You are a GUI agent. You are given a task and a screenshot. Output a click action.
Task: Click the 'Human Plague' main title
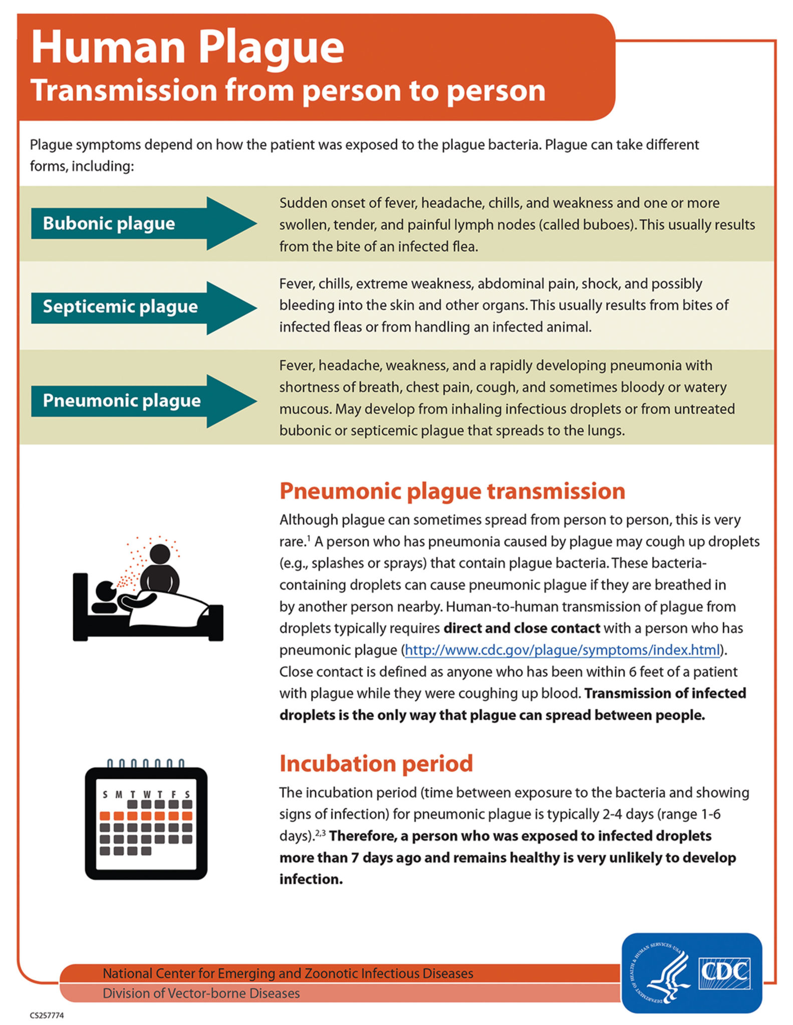tap(187, 48)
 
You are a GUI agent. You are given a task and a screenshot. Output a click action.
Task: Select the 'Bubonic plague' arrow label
tap(109, 223)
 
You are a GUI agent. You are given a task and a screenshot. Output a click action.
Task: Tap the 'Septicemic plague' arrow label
tap(120, 306)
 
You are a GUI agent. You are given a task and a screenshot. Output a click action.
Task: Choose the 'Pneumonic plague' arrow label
tap(122, 400)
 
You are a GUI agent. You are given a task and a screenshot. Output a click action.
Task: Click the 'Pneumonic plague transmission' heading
tap(452, 491)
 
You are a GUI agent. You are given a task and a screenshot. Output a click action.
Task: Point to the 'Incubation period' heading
tap(376, 763)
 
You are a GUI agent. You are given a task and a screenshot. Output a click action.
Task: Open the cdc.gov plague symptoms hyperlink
tap(562, 650)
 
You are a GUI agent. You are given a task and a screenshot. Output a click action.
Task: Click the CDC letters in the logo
tap(724, 971)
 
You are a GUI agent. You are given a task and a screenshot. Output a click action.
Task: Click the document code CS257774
tap(47, 1015)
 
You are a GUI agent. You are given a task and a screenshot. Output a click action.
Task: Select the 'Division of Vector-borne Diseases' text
tap(201, 993)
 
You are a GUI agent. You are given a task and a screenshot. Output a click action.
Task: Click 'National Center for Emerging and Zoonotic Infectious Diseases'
tap(288, 973)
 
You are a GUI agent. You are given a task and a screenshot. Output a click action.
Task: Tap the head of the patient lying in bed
tap(106, 591)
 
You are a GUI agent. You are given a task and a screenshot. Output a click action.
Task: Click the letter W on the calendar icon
tap(146, 794)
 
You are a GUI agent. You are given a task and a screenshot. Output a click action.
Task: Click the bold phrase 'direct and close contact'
tap(521, 628)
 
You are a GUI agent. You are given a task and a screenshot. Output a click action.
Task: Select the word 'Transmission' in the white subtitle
tap(123, 91)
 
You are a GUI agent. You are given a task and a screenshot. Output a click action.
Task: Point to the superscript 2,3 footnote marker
tap(320, 833)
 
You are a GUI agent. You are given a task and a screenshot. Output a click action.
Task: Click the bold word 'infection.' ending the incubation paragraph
tap(311, 879)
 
